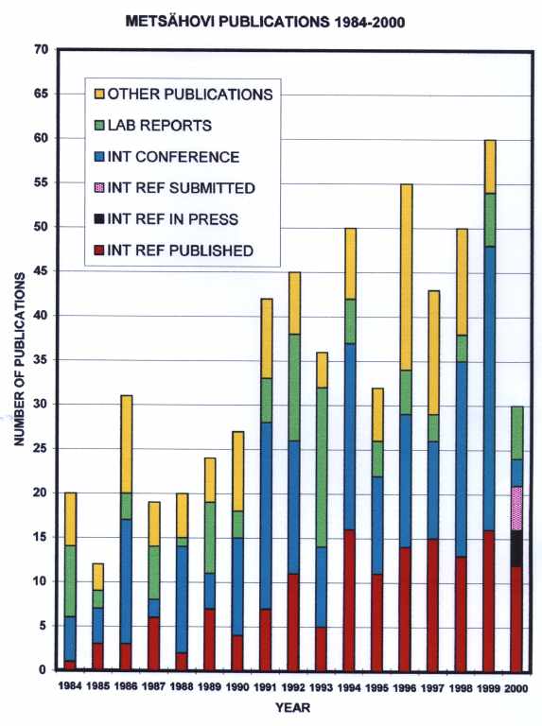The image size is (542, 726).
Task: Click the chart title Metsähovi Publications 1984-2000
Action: pyautogui.click(x=265, y=22)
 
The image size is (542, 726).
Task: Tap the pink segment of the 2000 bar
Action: pyautogui.click(x=516, y=508)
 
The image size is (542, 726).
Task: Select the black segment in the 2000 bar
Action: pyautogui.click(x=516, y=548)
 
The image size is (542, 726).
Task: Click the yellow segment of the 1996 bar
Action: pyautogui.click(x=406, y=277)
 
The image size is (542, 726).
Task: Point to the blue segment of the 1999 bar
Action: pyautogui.click(x=489, y=389)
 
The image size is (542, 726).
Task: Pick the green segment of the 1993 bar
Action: pyautogui.click(x=322, y=468)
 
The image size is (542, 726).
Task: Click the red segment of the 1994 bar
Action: pyautogui.click(x=350, y=600)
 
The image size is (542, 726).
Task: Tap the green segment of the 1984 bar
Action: pyautogui.click(x=70, y=581)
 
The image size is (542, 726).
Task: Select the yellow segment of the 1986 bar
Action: pyautogui.click(x=126, y=444)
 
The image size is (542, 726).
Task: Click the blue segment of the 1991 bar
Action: pyautogui.click(x=267, y=516)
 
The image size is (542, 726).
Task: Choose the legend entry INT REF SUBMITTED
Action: pyautogui.click(x=174, y=188)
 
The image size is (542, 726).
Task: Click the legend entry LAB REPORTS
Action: pyautogui.click(x=153, y=126)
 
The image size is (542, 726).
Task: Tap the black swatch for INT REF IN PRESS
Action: pyautogui.click(x=99, y=219)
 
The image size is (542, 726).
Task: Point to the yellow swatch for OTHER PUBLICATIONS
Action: pyautogui.click(x=99, y=94)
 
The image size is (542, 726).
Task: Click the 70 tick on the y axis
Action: pyautogui.click(x=41, y=49)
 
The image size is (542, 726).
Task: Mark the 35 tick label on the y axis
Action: pyautogui.click(x=41, y=360)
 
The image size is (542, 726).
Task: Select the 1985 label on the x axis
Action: pyautogui.click(x=97, y=686)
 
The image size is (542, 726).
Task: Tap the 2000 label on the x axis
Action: pyautogui.click(x=516, y=689)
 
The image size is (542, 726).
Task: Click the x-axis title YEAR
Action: pyautogui.click(x=293, y=708)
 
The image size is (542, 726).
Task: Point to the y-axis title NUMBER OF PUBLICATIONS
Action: pyautogui.click(x=20, y=360)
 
